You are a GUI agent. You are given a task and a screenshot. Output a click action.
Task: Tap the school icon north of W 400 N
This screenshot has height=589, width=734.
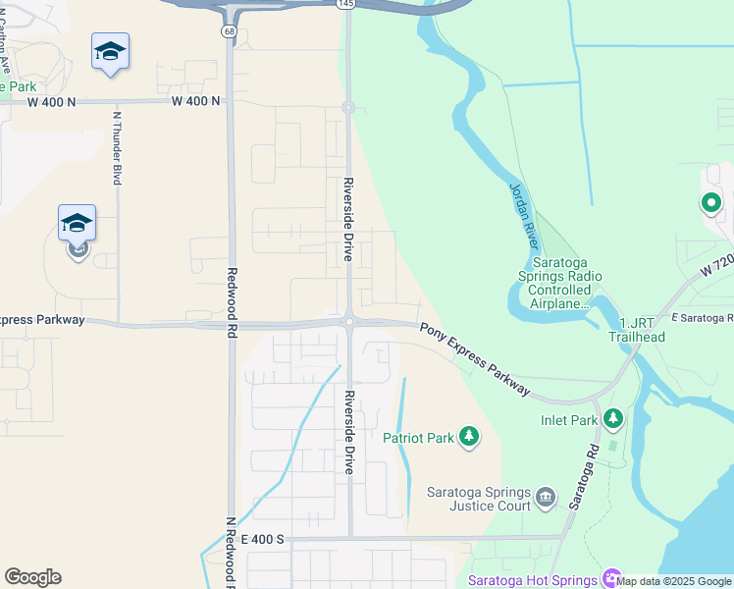click(x=110, y=52)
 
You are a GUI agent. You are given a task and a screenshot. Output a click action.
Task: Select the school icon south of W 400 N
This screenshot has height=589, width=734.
click(x=77, y=224)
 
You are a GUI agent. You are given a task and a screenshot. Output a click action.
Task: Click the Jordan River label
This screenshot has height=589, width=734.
click(x=526, y=215)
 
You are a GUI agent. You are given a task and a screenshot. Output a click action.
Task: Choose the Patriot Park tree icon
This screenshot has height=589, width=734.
click(x=469, y=436)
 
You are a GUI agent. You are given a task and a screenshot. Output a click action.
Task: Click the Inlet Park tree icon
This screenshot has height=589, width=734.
click(x=613, y=420)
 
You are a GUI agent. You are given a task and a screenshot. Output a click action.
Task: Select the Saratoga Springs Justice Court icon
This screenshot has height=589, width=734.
click(x=547, y=499)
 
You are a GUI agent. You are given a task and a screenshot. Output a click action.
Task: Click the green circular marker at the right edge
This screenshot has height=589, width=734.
click(x=710, y=204)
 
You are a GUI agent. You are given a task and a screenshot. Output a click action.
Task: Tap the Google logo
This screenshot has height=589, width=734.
click(x=32, y=577)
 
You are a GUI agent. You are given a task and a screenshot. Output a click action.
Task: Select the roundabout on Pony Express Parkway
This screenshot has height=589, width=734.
click(x=348, y=320)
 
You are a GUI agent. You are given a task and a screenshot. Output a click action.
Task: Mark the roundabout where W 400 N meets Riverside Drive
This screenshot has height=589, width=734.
click(x=347, y=107)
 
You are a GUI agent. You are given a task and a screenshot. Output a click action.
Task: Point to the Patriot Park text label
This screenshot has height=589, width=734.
click(x=418, y=438)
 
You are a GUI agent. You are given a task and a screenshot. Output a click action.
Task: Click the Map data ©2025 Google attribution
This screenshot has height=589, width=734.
click(x=674, y=581)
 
